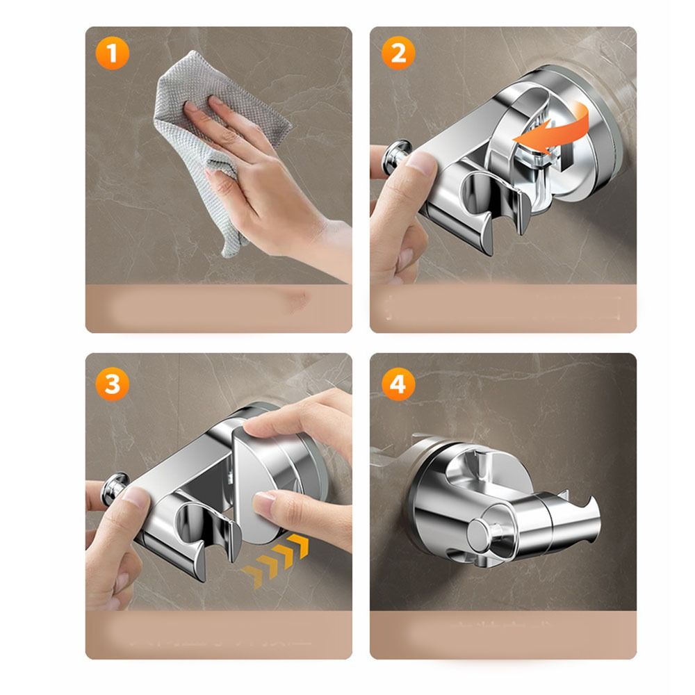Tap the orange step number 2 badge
tap(398, 55)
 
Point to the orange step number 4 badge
tap(398, 383)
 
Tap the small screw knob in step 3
tap(115, 487)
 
